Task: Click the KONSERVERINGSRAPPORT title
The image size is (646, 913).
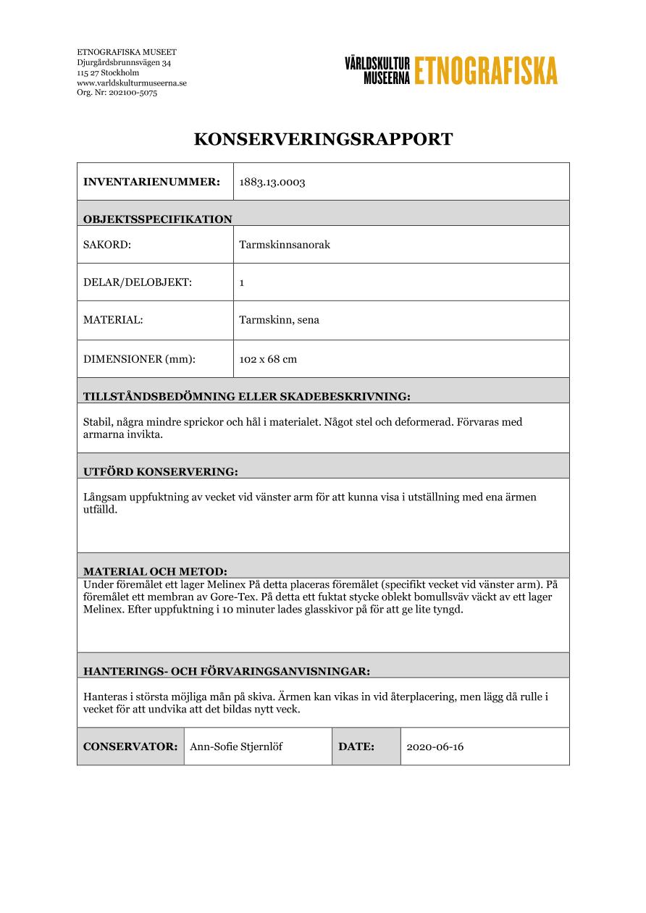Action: click(323, 140)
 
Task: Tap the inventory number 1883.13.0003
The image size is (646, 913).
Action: click(272, 182)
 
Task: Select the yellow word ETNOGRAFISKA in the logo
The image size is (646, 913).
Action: click(486, 70)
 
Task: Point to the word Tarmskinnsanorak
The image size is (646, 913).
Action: click(285, 245)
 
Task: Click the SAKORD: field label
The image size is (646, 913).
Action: click(107, 245)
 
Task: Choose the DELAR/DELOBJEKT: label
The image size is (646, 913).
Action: click(138, 282)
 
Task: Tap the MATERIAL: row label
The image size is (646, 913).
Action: click(113, 320)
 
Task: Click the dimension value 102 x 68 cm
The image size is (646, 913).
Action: click(268, 359)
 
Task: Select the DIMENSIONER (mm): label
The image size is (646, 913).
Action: click(140, 359)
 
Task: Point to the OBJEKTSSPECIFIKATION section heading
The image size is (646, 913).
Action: click(158, 219)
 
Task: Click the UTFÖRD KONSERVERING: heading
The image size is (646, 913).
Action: click(161, 472)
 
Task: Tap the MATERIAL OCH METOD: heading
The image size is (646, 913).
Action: click(156, 571)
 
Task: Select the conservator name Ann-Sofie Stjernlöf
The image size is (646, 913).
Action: click(236, 746)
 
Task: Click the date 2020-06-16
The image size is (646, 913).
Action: click(435, 746)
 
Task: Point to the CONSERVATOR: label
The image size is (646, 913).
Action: click(130, 746)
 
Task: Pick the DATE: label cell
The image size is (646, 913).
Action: click(356, 746)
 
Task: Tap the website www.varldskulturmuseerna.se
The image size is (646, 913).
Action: click(132, 83)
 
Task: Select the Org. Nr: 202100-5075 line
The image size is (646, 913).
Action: click(117, 93)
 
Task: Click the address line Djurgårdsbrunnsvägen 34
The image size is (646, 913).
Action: click(124, 63)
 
